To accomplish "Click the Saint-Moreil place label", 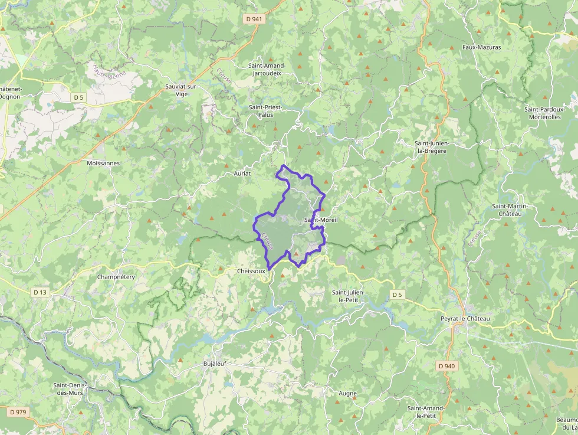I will coord(320,220).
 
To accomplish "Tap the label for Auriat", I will coord(242,174).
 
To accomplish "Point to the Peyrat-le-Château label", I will coord(465,319).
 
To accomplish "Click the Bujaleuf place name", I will coord(215,363).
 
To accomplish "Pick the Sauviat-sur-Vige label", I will coord(181,90).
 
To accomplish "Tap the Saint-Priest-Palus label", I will coord(265,111).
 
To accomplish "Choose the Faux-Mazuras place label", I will coord(482,47).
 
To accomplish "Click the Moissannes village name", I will coord(103,163).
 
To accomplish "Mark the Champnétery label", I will coord(116,276).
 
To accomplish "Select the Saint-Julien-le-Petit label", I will coord(349,296).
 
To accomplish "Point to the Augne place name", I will coord(347,393).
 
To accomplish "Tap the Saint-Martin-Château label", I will coord(510,210).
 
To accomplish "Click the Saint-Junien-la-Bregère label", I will coord(439,147).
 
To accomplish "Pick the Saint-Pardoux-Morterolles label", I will coord(545,113).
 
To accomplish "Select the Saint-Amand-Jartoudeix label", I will coord(267,69).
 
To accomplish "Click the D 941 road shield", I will coord(254,19).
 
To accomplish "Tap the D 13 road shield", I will coord(40,292).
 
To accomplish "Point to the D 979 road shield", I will coord(18,411).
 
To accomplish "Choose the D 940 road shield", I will coord(447,366).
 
